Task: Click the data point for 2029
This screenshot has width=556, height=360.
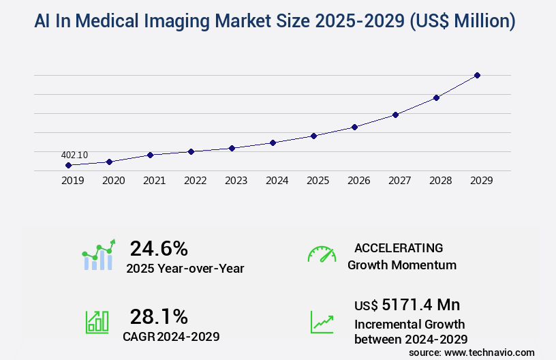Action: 477,75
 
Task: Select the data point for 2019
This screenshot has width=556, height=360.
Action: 68,165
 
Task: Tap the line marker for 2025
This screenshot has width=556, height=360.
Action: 313,136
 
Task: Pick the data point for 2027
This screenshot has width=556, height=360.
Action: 395,115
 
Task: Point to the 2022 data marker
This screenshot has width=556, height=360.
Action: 191,151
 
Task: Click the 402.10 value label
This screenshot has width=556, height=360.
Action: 74,155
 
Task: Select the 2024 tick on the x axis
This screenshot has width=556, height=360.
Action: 277,181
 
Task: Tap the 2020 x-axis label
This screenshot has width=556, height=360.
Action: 113,181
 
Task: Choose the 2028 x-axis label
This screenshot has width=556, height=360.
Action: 440,181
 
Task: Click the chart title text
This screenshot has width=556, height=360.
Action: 275,21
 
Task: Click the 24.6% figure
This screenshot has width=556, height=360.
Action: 159,248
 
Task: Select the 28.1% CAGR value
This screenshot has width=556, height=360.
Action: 159,316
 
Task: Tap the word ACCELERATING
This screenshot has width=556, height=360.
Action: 399,247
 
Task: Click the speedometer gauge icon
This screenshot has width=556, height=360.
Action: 322,254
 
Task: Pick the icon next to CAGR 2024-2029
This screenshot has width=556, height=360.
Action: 97,322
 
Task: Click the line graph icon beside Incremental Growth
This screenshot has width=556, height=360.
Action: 322,322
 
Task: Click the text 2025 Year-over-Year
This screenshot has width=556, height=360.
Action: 185,268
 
